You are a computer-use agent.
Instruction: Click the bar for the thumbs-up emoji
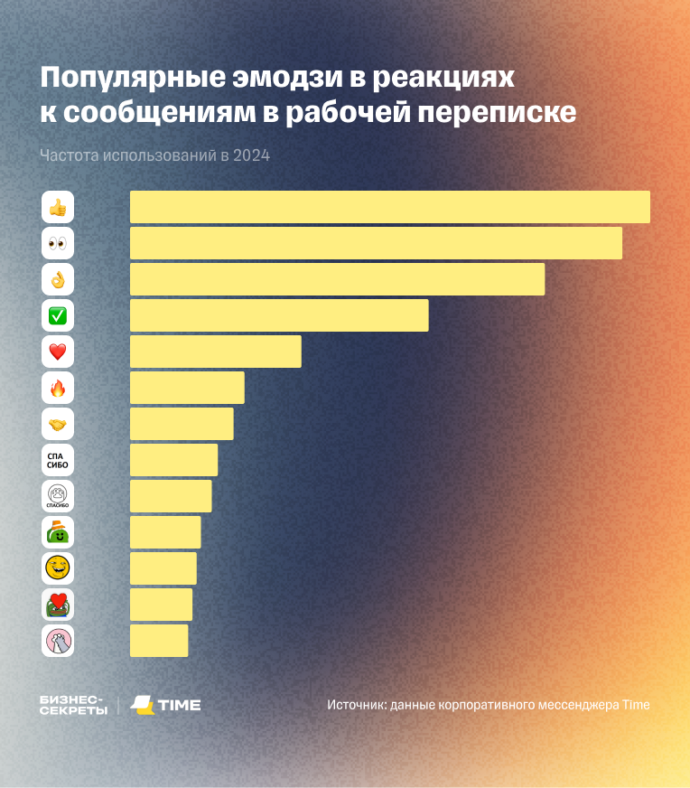click(389, 207)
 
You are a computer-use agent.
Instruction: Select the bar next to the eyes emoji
click(376, 243)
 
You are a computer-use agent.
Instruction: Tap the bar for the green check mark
click(279, 315)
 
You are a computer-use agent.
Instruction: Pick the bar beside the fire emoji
click(187, 388)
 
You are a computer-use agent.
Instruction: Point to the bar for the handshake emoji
click(182, 424)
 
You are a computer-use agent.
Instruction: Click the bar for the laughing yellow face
click(163, 568)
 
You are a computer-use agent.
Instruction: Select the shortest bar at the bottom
click(159, 641)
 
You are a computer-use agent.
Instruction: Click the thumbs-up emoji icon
click(58, 208)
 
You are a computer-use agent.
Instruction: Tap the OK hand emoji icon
click(58, 280)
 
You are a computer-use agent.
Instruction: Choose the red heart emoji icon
click(58, 352)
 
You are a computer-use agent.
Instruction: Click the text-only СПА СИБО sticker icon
click(58, 461)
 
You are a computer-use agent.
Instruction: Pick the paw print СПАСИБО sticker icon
click(58, 497)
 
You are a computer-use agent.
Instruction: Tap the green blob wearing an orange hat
click(58, 533)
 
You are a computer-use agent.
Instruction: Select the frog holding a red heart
click(58, 605)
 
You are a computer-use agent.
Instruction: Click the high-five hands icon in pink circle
click(58, 641)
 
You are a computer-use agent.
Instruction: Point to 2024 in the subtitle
click(251, 155)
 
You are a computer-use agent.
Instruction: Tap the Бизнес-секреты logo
click(72, 705)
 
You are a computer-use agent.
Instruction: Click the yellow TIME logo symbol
click(142, 705)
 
